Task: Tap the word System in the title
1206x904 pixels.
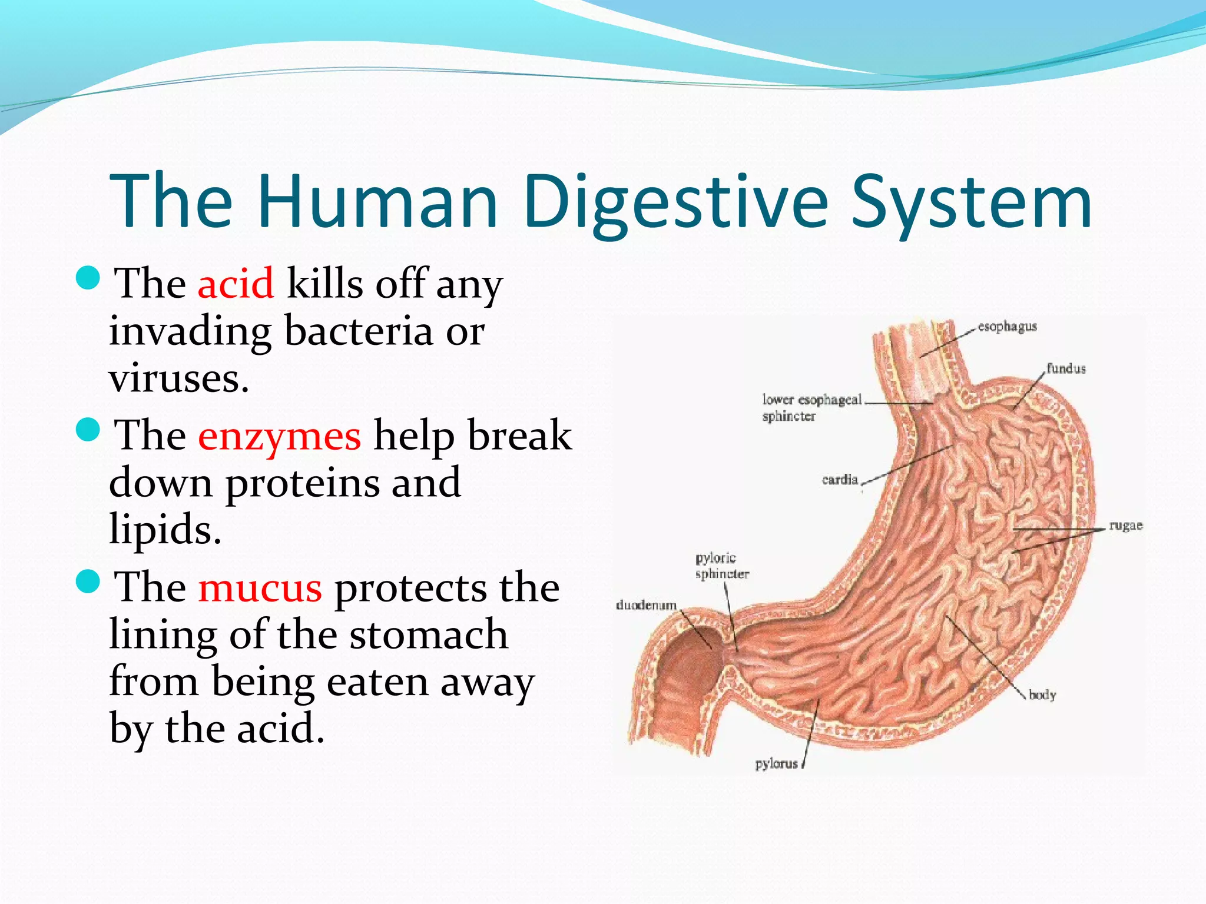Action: (971, 202)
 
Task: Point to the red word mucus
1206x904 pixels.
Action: (260, 588)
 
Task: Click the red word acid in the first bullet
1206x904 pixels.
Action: (236, 284)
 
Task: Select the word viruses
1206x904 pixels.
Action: (179, 378)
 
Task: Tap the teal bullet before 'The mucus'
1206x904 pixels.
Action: (89, 581)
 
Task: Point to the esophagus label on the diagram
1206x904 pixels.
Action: (1007, 327)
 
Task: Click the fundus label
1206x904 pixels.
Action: (1066, 369)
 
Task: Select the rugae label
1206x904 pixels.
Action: (1125, 526)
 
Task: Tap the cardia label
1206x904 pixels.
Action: (840, 480)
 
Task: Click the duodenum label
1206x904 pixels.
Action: (646, 605)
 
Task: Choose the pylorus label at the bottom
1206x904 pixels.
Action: (776, 764)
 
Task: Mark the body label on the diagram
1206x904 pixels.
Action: (1042, 695)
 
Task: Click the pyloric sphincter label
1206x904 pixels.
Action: (721, 566)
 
